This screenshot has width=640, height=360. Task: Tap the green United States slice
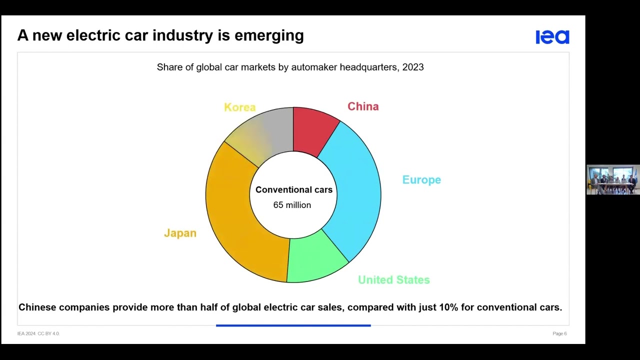(x=316, y=260)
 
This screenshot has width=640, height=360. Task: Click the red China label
(x=363, y=106)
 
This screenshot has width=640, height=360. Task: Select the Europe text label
(x=421, y=180)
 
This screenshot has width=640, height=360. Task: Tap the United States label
(x=393, y=280)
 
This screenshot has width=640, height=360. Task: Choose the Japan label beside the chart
(x=180, y=233)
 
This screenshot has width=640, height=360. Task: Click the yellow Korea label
(x=239, y=107)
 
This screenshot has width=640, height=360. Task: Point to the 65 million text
(x=292, y=205)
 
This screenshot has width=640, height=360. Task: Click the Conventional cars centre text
(x=293, y=190)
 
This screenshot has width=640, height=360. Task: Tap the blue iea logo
(x=552, y=37)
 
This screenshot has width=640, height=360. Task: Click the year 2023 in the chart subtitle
(x=412, y=67)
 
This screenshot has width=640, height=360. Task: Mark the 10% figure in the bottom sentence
(x=448, y=307)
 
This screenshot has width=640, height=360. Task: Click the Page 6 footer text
(x=559, y=333)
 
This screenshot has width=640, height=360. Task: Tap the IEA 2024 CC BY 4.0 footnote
(x=38, y=333)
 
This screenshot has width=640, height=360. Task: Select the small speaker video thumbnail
(x=612, y=179)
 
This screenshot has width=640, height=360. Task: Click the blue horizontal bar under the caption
(x=293, y=325)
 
